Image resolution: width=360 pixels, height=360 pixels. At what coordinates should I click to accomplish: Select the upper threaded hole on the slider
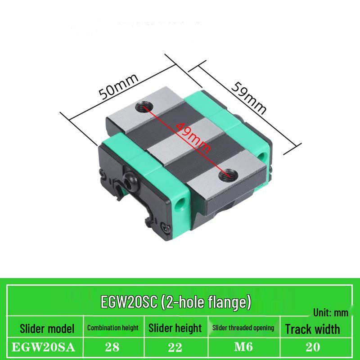[x=144, y=107]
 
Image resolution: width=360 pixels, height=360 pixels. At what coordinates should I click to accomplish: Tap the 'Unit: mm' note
[x=331, y=312]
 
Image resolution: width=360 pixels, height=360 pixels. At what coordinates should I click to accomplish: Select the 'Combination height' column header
[x=112, y=328]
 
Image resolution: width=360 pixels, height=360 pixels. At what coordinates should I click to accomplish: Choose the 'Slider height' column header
[x=175, y=328]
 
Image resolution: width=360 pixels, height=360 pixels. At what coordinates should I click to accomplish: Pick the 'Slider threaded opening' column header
[x=243, y=328]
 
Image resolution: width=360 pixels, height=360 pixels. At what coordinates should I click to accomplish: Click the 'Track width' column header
[x=312, y=328]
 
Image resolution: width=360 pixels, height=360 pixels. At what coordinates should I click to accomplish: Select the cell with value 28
[x=112, y=348]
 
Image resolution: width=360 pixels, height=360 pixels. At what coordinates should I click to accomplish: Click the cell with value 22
[x=175, y=348]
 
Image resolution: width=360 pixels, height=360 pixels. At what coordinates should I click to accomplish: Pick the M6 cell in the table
[x=243, y=348]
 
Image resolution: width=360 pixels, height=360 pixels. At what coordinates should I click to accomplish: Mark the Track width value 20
[x=312, y=348]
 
